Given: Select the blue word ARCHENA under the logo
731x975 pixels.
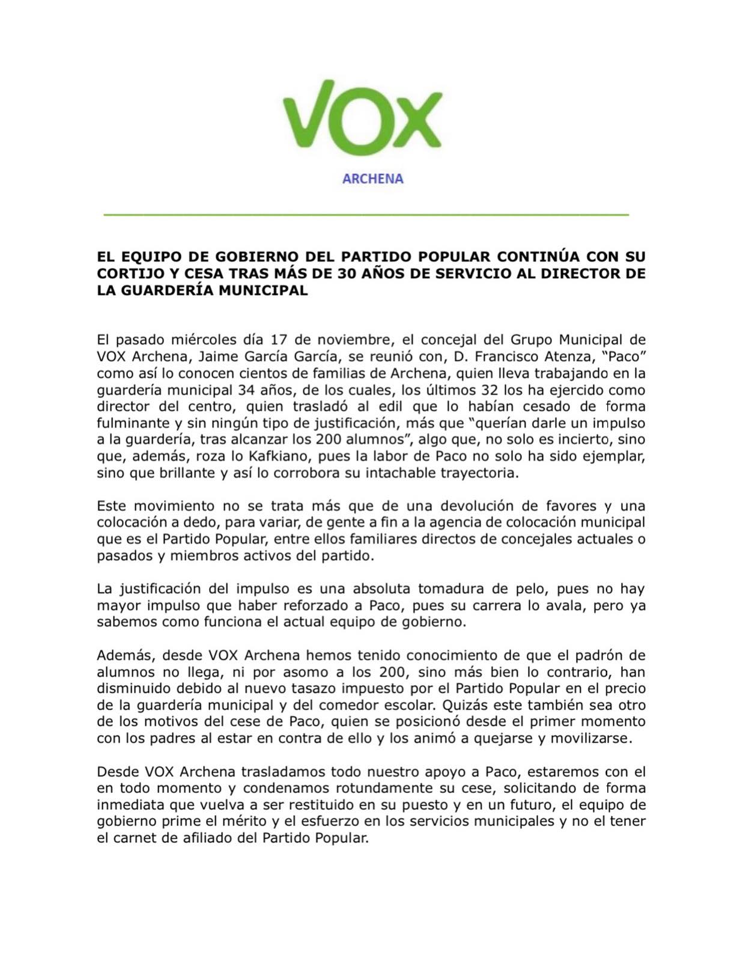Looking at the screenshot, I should point(372,179).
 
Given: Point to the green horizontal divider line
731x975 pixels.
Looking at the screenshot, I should point(366,214).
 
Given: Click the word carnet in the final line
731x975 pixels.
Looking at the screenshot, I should point(135,837).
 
